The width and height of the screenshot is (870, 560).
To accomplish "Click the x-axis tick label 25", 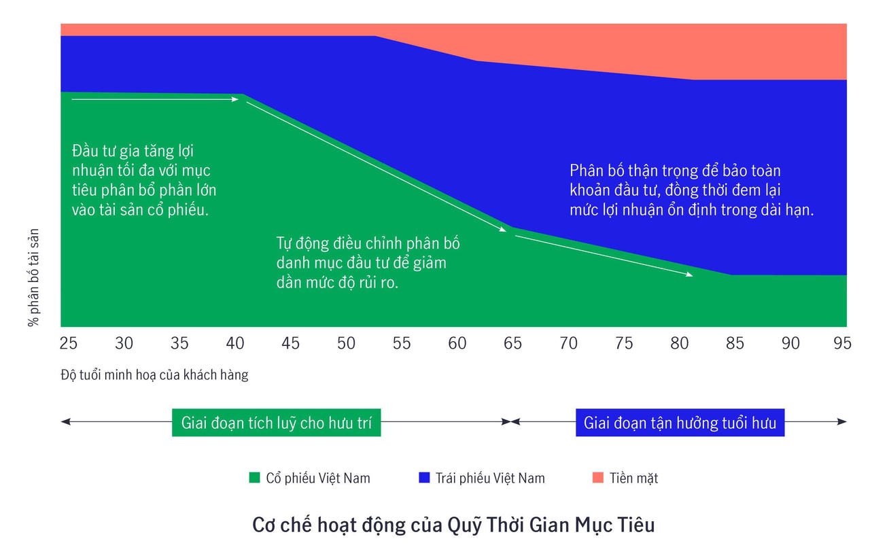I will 68,343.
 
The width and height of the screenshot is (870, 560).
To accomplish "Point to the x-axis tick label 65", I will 512,343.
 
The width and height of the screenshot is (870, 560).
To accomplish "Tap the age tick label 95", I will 842,343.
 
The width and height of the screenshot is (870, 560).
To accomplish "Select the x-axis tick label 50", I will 346,343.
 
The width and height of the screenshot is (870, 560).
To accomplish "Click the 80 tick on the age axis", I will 679,343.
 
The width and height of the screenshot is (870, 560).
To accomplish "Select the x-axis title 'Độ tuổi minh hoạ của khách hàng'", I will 154,375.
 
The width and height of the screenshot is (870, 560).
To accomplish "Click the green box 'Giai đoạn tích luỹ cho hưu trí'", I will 277,423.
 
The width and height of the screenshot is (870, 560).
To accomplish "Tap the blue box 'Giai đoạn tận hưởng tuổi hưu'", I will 680,423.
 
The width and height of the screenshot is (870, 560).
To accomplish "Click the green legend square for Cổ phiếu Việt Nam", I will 255,478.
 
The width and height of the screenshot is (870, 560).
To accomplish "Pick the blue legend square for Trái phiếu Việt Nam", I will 425,478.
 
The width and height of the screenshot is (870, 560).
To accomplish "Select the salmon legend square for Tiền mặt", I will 598,478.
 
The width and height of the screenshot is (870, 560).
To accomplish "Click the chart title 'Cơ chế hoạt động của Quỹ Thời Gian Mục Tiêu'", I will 453,525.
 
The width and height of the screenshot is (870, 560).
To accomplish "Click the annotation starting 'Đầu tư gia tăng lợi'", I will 143,180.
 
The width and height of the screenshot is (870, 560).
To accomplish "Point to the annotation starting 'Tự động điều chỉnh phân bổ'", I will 368,263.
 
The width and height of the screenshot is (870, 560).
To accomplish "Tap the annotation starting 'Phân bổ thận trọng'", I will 691,190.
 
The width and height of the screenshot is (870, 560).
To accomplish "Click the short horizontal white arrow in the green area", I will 155,99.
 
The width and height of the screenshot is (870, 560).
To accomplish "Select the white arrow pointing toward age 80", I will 604,255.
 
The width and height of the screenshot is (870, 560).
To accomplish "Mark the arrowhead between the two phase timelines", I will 510,422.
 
